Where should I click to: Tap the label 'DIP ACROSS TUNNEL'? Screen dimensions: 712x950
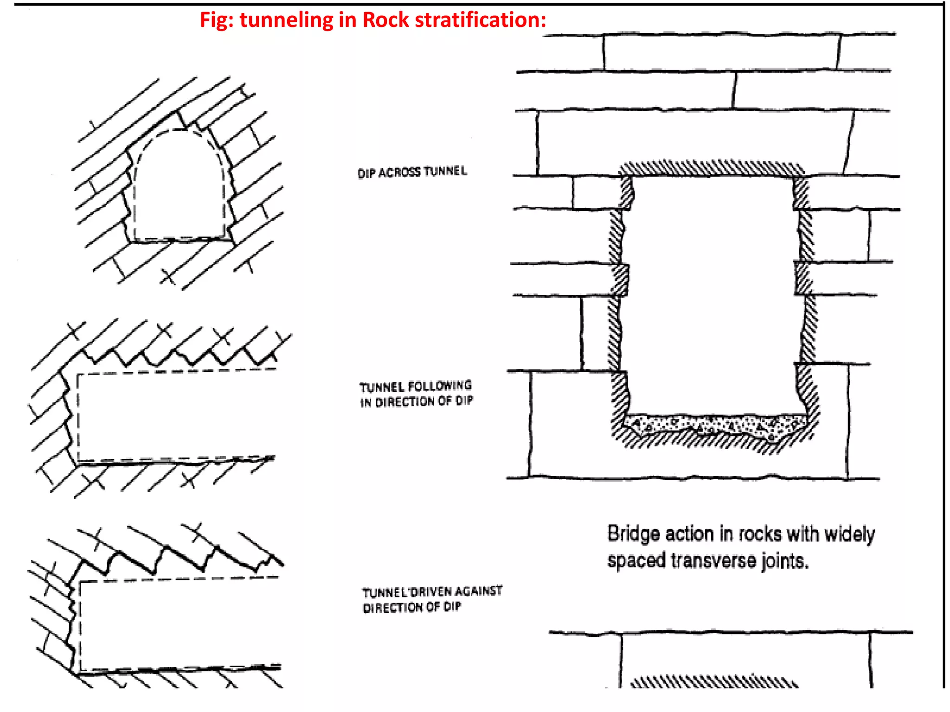(412, 172)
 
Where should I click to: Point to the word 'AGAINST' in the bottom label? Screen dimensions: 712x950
(478, 591)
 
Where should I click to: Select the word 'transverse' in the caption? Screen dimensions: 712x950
(713, 561)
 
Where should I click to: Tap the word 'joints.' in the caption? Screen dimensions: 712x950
(785, 561)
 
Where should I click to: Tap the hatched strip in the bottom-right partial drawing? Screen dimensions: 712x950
(714, 682)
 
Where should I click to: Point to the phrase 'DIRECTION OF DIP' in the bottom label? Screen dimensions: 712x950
(411, 607)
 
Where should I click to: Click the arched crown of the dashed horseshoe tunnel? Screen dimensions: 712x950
(179, 131)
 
